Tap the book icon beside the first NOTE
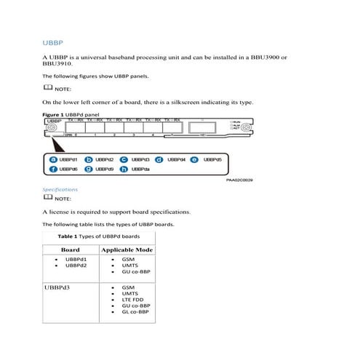48,87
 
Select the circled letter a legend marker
52,159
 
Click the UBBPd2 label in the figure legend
105,159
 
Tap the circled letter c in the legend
124,159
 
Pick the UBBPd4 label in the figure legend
177,159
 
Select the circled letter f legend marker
52,169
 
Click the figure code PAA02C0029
241,182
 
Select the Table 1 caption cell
97,237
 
